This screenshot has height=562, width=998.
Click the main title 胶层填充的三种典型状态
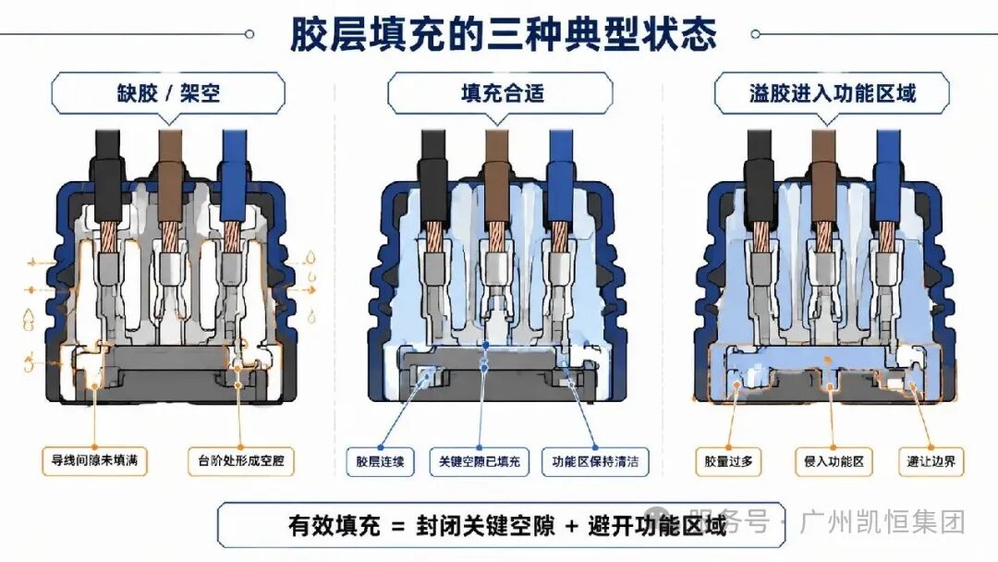click(x=503, y=33)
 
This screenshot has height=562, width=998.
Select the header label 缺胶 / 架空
click(x=168, y=93)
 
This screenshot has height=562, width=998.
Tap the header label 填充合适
click(x=501, y=93)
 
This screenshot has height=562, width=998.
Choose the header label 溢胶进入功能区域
click(x=832, y=93)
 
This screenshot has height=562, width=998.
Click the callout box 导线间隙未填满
click(x=95, y=461)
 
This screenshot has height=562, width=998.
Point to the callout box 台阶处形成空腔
click(x=241, y=461)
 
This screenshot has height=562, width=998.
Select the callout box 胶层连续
click(x=380, y=461)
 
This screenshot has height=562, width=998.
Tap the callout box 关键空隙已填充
click(x=479, y=461)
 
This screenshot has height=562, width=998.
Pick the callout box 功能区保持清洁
click(x=595, y=461)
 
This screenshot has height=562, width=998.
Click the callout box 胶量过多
click(x=728, y=461)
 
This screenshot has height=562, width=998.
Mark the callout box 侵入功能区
click(x=834, y=461)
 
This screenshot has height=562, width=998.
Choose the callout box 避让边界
click(x=931, y=461)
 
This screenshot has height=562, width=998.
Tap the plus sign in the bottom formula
click(x=571, y=526)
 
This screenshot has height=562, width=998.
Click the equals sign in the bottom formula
click(x=398, y=526)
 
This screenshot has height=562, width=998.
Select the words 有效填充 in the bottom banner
click(x=335, y=526)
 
